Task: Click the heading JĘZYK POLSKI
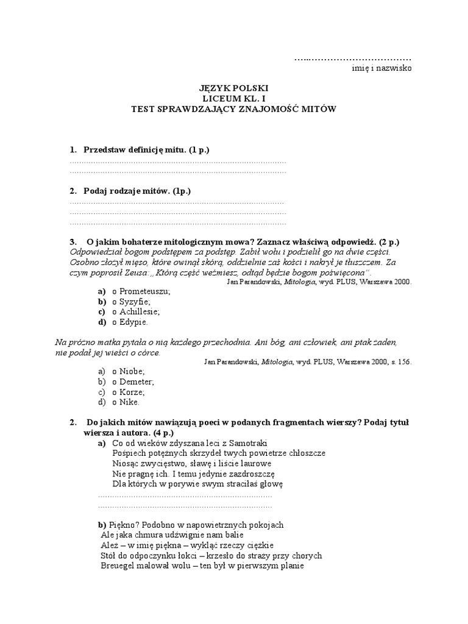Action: tap(235, 88)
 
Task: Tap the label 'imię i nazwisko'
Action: tap(382, 68)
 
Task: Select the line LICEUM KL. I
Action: tap(235, 99)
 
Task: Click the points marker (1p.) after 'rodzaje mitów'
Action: tap(182, 191)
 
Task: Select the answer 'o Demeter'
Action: tap(133, 381)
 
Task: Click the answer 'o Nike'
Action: tap(126, 402)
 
